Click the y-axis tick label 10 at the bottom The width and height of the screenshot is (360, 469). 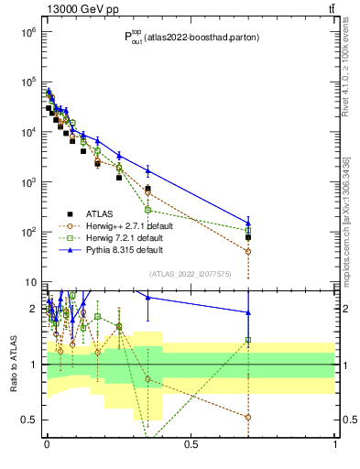[x=30, y=282]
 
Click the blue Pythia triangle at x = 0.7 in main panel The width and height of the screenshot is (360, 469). [x=248, y=223]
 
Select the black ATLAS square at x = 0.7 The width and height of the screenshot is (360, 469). [x=248, y=237]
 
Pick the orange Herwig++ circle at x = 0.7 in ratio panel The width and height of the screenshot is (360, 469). [x=248, y=417]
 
